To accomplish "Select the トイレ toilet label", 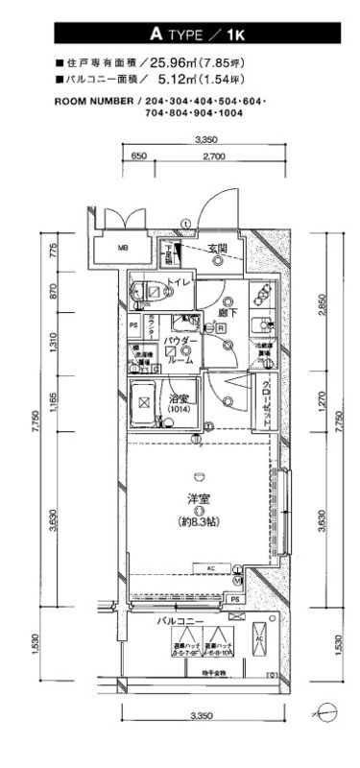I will point(180,281).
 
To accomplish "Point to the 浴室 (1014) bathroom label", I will point(180,404).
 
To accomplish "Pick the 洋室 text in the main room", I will point(199,498).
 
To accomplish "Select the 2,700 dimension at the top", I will point(215,155).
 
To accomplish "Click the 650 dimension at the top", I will point(137,155).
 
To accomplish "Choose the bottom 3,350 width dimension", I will point(202,715).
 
